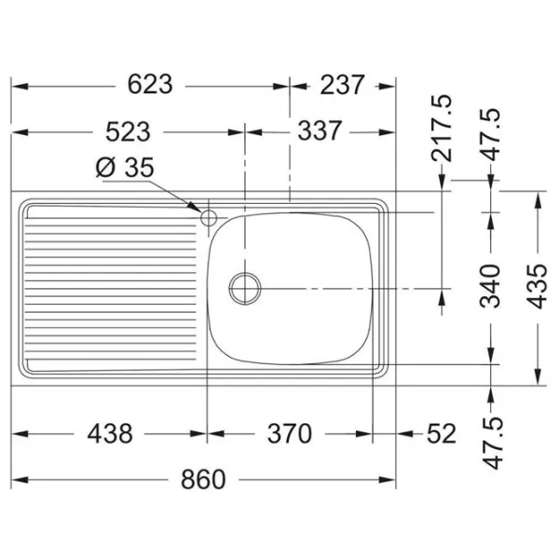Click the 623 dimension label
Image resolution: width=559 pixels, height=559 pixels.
(x=150, y=85)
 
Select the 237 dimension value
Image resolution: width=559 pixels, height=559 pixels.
(x=342, y=85)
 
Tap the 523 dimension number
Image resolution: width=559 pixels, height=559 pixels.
(x=128, y=131)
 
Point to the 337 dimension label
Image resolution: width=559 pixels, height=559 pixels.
(x=320, y=130)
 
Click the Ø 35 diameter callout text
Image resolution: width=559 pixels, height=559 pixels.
(x=125, y=167)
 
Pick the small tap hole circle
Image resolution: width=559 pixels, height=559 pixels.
(x=209, y=217)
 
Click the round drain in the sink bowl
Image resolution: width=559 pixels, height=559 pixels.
(x=245, y=289)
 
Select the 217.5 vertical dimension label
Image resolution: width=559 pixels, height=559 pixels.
(x=442, y=129)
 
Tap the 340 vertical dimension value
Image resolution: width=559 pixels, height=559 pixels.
(x=490, y=286)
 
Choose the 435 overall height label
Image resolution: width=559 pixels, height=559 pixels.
(x=537, y=286)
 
